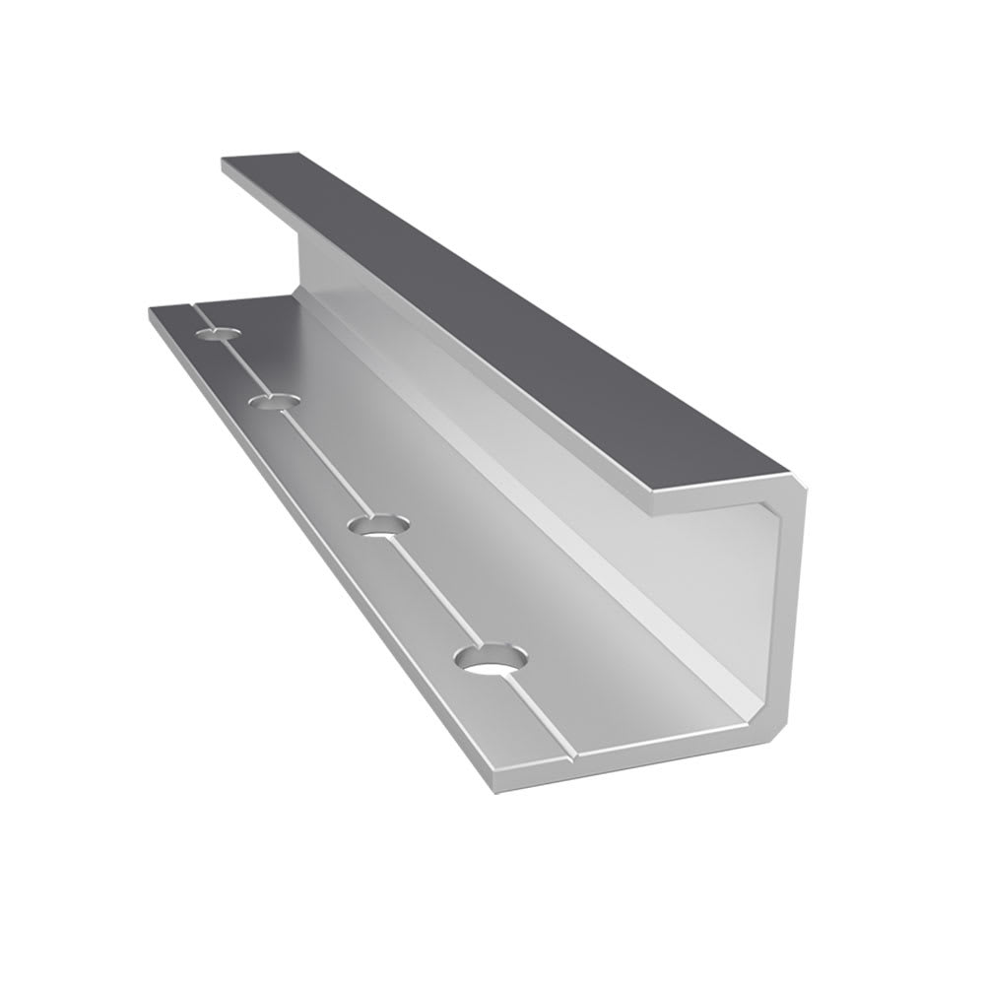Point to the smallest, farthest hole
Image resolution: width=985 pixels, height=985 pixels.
point(218,333)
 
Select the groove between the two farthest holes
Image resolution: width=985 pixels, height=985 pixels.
point(247,365)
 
